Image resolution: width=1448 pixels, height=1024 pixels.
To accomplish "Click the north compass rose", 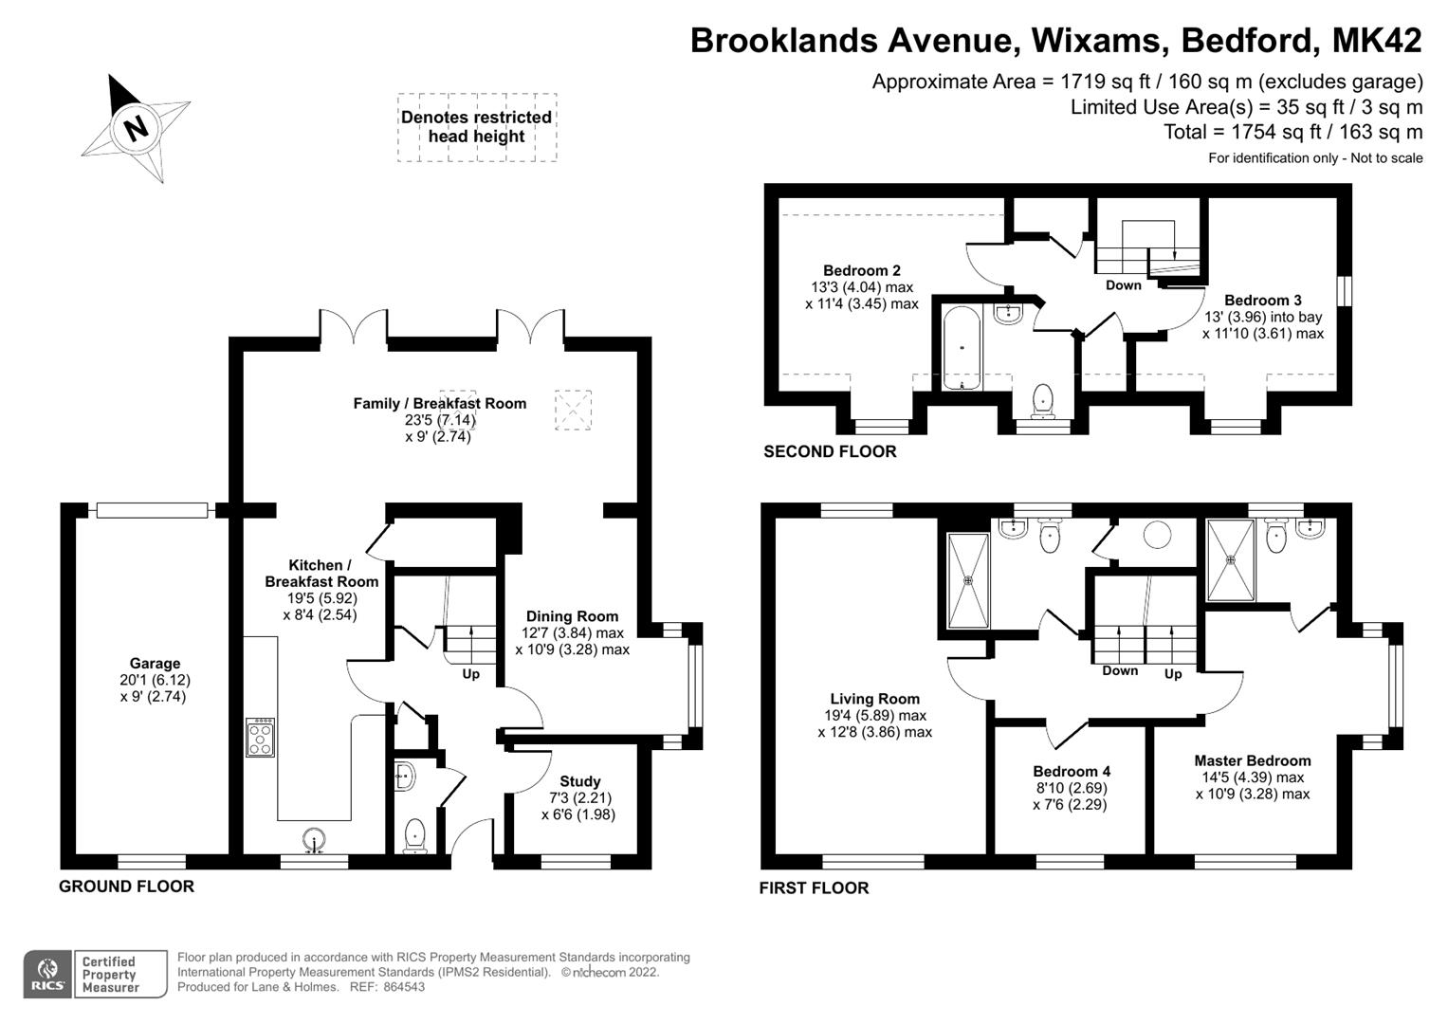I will tap(136, 127).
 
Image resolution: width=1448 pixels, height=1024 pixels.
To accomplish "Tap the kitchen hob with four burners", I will tap(261, 738).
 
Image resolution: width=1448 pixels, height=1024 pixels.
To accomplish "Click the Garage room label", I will tap(155, 664).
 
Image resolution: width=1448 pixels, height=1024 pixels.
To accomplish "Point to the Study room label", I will tap(579, 781).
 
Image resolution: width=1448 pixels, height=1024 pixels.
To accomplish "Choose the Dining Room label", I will tap(572, 616).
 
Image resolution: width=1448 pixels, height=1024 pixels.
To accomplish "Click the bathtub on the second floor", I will tap(962, 348).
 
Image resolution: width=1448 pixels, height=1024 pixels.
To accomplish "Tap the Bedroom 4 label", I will tap(1072, 771).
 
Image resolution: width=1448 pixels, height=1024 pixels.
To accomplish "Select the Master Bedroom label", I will tap(1252, 760).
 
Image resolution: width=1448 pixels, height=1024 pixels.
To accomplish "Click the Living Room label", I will tap(874, 699).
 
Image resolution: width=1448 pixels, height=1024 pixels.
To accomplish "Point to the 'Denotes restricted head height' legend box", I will tap(476, 127).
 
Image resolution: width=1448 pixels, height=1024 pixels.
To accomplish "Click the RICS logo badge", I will tap(46, 974).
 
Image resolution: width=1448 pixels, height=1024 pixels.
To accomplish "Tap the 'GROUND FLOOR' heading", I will tap(126, 887).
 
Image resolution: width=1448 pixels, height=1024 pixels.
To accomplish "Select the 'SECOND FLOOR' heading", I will tap(830, 452).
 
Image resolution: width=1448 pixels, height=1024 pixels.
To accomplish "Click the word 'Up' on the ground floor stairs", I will tap(470, 674).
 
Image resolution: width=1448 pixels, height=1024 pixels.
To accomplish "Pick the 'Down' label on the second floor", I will tap(1123, 285).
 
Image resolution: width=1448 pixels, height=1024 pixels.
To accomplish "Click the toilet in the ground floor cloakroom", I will tap(414, 836).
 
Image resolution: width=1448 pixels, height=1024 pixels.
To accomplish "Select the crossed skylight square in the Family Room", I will tap(572, 410).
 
